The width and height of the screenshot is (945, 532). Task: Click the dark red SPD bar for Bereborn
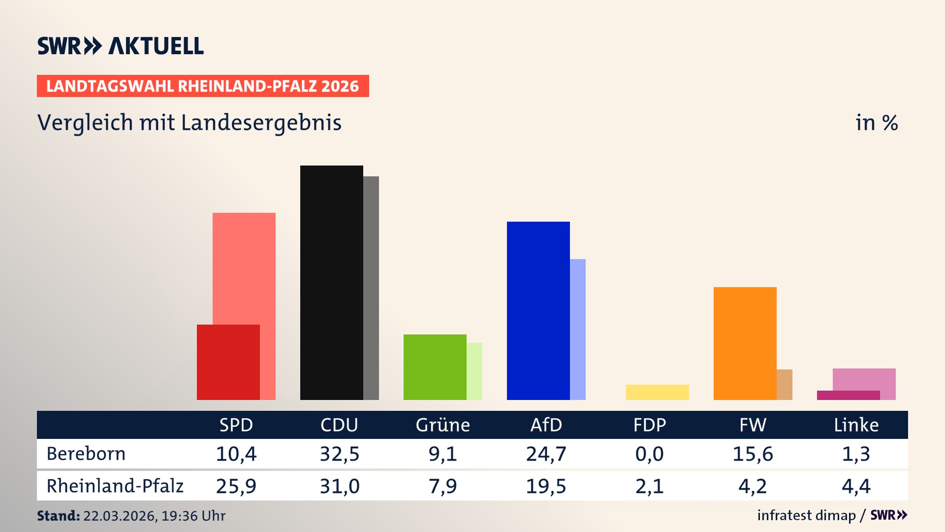228,362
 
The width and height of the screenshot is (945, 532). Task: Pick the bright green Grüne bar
435,367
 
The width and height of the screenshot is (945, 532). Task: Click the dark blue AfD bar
538,310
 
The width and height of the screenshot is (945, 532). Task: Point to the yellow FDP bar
657,392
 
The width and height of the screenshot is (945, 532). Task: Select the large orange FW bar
745,343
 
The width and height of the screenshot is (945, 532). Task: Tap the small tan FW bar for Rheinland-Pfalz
785,384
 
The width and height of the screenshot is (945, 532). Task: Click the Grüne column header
442,425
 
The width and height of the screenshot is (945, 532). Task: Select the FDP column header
649,425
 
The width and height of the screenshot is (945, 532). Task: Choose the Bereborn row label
86,454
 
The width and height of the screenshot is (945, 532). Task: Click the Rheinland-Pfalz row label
115,486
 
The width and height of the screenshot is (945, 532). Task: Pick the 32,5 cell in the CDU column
340,454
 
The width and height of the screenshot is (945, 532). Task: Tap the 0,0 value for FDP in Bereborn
649,454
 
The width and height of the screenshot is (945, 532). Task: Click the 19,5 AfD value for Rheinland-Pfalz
546,486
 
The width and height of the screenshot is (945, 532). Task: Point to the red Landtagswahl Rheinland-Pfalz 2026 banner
203,86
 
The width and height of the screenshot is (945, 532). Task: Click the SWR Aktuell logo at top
121,46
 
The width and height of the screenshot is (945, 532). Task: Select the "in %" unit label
876,123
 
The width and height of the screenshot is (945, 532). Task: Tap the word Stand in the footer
58,516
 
